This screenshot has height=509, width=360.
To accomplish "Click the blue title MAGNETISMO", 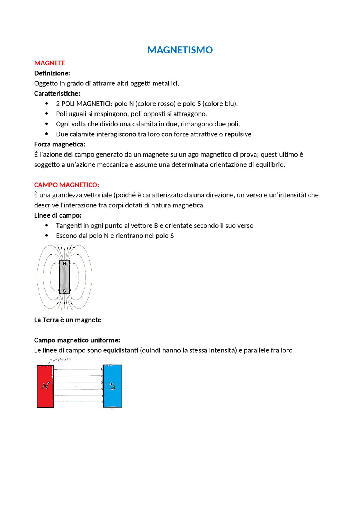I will coord(180,50).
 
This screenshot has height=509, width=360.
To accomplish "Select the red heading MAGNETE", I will coord(49,63).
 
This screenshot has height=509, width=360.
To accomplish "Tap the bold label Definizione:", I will coord(52,73).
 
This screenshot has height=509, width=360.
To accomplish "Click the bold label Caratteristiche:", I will coord(57,93).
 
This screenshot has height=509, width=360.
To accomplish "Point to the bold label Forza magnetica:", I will coord(60,144).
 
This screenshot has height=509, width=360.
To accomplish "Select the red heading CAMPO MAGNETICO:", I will coord(66,185).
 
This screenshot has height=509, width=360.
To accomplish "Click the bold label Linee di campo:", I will coord(58,215).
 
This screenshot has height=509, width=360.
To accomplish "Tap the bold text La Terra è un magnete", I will coord(67,320).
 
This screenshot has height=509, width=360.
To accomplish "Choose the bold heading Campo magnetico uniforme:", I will coord(77,340).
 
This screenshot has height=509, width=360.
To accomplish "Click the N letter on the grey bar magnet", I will coord(64,264).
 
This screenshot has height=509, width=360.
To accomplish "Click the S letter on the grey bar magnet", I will coord(64,291).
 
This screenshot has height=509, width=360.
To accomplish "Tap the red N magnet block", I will coord(45,386).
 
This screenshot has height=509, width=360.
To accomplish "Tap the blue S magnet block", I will coord(112,386).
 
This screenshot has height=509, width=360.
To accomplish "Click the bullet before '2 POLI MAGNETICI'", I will coord(46,103).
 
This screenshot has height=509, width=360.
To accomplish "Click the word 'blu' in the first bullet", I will coord(230,104).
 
